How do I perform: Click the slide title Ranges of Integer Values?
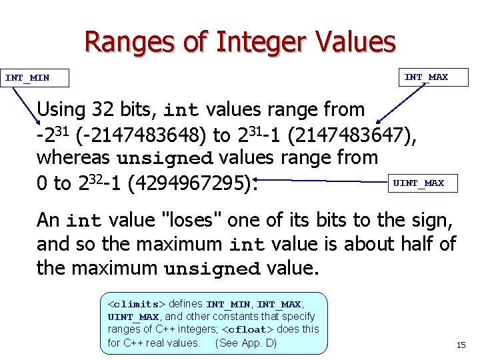coord(239,41)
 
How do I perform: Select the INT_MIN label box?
coord(27,78)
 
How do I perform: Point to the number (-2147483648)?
coord(141,135)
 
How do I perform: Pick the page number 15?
coord(460,345)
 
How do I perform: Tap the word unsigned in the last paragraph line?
coord(212,270)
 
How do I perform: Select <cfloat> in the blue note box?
coord(246,329)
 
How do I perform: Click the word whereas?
coord(74,159)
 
